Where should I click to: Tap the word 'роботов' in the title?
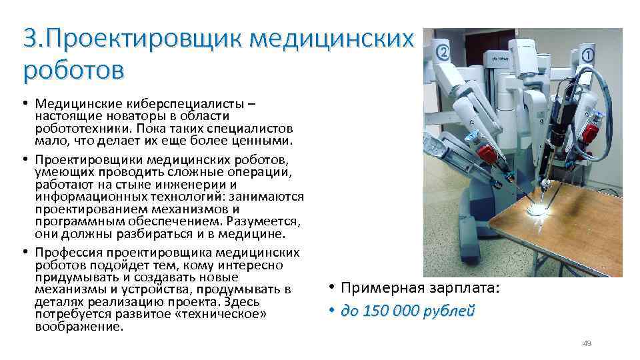click(73, 68)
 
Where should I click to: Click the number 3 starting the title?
click(29, 39)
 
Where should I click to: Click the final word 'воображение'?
click(79, 327)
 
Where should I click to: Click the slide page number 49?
click(587, 343)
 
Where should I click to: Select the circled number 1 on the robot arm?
click(588, 55)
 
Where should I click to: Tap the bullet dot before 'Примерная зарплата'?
click(331, 289)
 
